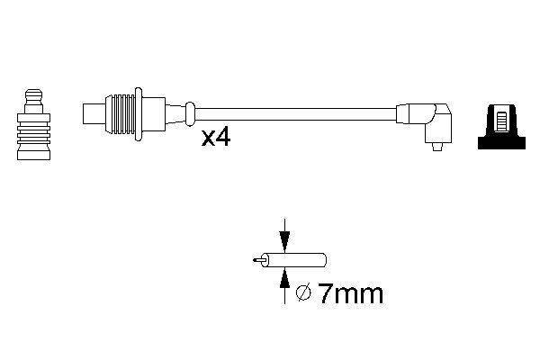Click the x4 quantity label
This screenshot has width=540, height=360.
coord(216,138)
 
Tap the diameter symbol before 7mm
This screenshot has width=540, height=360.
coord(304,292)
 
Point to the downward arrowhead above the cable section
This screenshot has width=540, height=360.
coord(284,242)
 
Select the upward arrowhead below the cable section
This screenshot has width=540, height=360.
coord(284,278)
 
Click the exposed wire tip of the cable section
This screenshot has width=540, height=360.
coord(257,260)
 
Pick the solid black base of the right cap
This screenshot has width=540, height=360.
coord(501,142)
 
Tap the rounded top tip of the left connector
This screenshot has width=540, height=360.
coord(34,94)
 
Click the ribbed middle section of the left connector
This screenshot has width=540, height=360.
coord(34,131)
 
